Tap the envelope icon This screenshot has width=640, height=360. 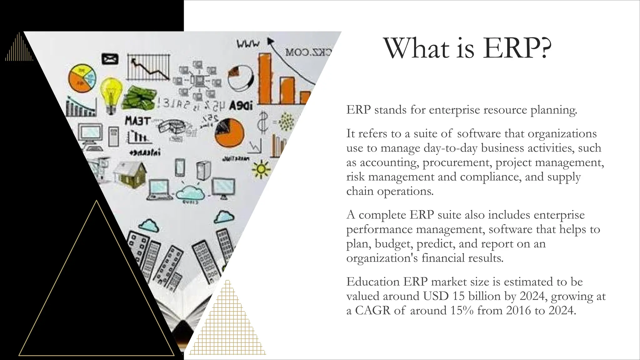[110, 59]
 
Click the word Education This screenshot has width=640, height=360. [373, 282]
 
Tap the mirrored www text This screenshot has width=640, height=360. [248, 44]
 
